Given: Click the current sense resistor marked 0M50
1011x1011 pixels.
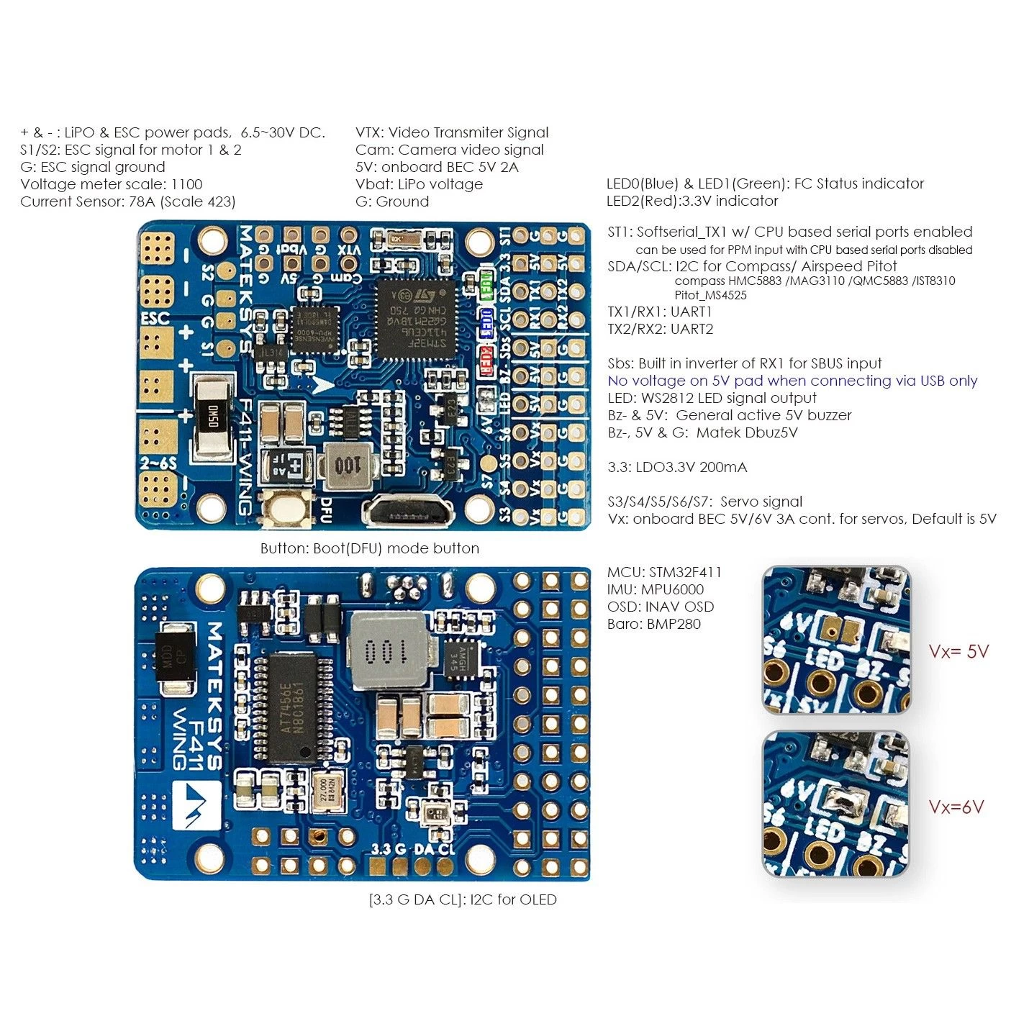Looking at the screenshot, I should coord(212,417).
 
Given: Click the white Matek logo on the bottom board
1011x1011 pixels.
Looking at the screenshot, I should coord(196,804).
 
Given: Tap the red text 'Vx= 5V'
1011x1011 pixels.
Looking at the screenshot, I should coord(958,652).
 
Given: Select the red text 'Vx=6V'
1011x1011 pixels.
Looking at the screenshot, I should coord(956,807).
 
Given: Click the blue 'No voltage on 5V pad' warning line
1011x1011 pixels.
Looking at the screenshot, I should coord(792,381).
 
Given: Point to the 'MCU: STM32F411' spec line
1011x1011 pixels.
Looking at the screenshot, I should coord(664,572).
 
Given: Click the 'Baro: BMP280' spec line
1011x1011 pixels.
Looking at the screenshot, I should coord(653,624).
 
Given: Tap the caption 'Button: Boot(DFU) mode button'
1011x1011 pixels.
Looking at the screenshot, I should coord(369,548).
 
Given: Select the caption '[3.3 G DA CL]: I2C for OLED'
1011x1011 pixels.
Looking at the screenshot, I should coord(463,899).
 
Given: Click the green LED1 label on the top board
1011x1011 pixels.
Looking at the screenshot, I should coord(487,285).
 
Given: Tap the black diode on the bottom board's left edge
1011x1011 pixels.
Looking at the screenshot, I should coord(176,661).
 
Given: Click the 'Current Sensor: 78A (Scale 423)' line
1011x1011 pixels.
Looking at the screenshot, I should coord(128,201).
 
